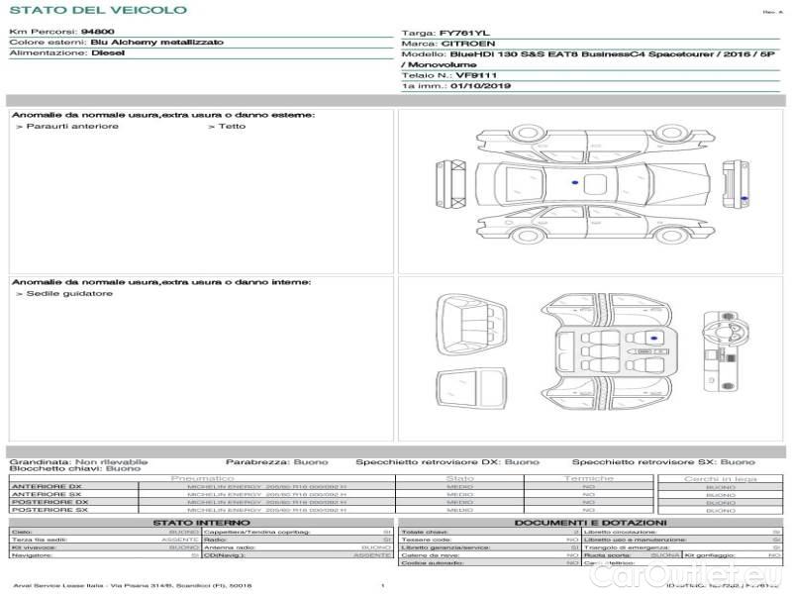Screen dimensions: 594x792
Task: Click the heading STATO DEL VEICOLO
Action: tap(97, 10)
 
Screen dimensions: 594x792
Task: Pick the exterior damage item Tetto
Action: tap(231, 127)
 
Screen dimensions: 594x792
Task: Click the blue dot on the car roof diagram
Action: tap(574, 184)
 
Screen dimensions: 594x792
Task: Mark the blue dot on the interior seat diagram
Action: tap(652, 339)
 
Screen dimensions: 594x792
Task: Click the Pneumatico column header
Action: tap(203, 479)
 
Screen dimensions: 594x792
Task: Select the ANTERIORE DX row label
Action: tap(47, 487)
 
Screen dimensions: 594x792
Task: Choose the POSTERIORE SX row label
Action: tap(49, 511)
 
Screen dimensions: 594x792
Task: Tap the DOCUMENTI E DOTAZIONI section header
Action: tap(590, 523)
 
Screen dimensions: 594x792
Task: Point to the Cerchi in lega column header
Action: tap(721, 479)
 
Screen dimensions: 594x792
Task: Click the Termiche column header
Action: tap(589, 479)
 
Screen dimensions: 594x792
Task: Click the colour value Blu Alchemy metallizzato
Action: tap(156, 43)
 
